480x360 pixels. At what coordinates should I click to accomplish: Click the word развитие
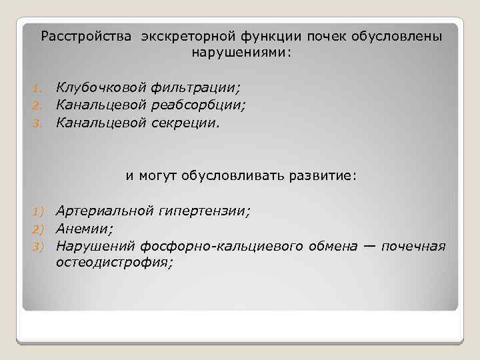click(326, 176)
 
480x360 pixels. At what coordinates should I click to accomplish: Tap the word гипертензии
click(204, 211)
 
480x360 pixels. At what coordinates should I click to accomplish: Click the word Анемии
click(84, 229)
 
